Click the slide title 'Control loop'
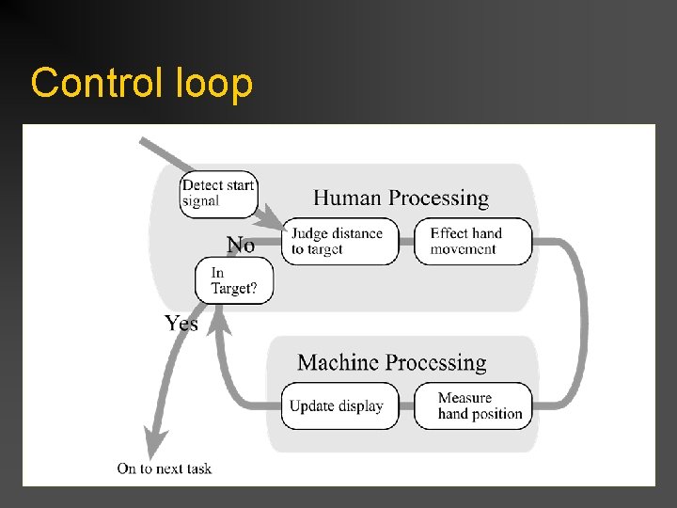pyautogui.click(x=141, y=84)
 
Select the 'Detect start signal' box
pyautogui.click(x=218, y=193)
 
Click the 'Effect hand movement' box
pyautogui.click(x=472, y=242)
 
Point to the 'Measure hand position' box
pyautogui.click(x=472, y=406)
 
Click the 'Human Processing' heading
pyautogui.click(x=401, y=198)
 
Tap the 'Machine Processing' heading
pyautogui.click(x=391, y=363)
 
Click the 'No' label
pyautogui.click(x=241, y=246)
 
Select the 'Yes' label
pyautogui.click(x=181, y=324)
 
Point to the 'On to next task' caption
pyautogui.click(x=165, y=468)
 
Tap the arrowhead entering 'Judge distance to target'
pyautogui.click(x=274, y=226)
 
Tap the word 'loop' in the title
pyautogui.click(x=213, y=84)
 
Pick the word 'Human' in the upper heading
pyautogui.click(x=347, y=198)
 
